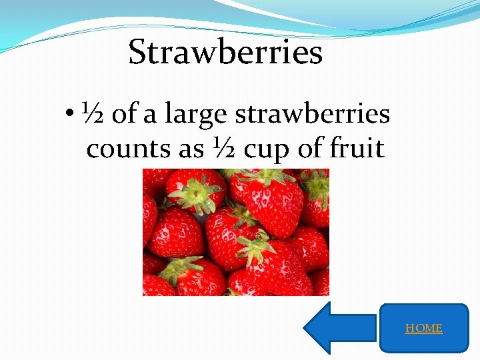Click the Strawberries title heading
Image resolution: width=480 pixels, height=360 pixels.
tap(225, 53)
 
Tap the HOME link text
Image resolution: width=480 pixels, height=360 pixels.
tap(424, 328)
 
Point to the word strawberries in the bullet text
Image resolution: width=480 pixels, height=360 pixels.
tap(313, 115)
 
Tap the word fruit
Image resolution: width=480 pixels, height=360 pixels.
tap(357, 148)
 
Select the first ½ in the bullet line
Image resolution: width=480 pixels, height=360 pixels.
tap(92, 114)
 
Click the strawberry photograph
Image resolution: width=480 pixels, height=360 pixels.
tap(236, 232)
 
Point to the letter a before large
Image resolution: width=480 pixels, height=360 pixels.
tap(151, 115)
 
